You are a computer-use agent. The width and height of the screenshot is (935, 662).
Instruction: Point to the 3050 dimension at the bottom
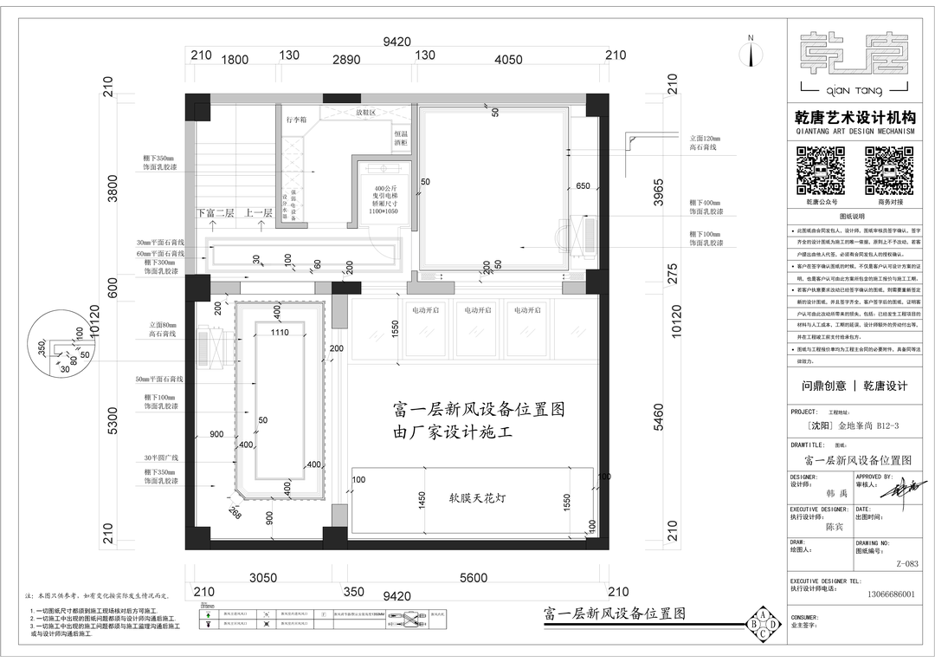pos(263,578)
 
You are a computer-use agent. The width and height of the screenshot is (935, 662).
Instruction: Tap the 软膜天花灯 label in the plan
pos(472,498)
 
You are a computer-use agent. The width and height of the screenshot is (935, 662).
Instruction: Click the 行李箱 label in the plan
pos(297,120)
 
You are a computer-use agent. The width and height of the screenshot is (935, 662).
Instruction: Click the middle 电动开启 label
pos(478,309)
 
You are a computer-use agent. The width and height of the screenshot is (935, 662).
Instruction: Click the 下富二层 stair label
pos(216,212)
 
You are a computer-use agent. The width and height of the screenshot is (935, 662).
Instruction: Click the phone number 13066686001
pos(884,594)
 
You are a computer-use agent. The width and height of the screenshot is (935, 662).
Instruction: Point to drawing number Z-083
pos(906,563)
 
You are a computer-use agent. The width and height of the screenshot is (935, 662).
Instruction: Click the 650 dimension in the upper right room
pos(582,186)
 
